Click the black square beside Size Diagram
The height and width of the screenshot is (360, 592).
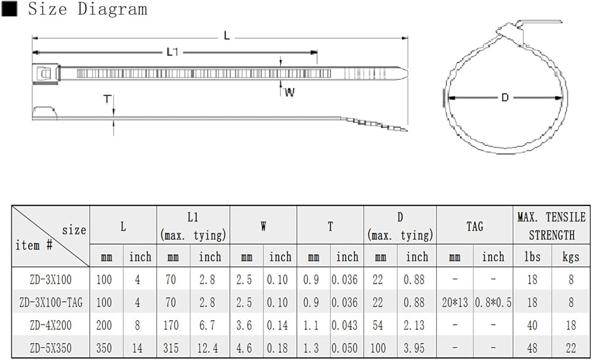coord(9,9)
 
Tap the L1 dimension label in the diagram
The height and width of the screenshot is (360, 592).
coord(172,52)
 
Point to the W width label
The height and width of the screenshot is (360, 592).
coord(289,92)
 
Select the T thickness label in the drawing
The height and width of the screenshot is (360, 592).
coord(108,99)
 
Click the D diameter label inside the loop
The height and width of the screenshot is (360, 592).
coord(505,98)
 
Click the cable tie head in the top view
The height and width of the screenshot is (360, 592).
coord(46,73)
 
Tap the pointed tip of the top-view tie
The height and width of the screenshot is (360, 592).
coord(407,73)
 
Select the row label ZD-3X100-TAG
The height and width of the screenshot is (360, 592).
coord(51,303)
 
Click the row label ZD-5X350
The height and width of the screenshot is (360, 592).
coord(50,348)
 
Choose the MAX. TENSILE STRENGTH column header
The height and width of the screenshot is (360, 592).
coord(551,226)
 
